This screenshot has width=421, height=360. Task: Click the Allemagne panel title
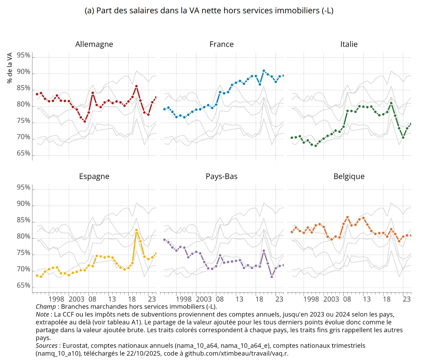tap(94, 44)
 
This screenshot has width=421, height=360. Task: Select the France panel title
tap(221, 44)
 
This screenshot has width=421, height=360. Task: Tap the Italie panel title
tap(349, 44)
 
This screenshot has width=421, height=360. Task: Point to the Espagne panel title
tap(94, 176)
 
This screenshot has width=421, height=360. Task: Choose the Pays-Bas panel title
tap(221, 176)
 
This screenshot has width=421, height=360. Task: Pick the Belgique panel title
tap(349, 176)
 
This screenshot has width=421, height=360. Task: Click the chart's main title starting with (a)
tap(209, 11)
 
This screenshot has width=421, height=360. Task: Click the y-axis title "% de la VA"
tap(10, 68)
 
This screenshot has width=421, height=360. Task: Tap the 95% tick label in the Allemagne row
tap(24, 55)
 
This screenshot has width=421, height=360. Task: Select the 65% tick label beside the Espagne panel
tap(24, 285)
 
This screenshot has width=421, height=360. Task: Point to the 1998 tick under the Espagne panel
tap(56, 299)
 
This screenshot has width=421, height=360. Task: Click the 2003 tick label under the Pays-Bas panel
tap(203, 299)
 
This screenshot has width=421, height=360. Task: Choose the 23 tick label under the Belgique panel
tap(407, 299)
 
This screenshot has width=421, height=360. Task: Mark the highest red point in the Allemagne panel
tap(136, 86)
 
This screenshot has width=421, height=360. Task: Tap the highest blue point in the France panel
tap(264, 71)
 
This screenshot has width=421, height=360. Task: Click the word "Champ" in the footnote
tap(46, 307)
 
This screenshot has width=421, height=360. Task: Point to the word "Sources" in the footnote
tap(47, 346)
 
